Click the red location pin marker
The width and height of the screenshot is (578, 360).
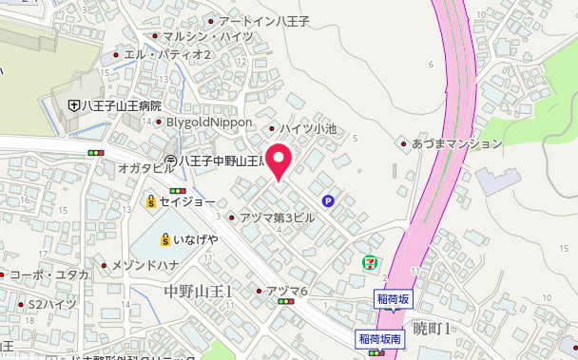click(279, 161)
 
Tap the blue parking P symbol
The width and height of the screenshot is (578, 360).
click(328, 200)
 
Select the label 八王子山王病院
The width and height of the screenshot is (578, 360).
click(120, 105)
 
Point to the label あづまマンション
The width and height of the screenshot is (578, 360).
click(456, 143)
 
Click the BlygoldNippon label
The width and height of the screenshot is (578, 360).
click(209, 123)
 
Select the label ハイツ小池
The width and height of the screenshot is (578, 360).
click(313, 128)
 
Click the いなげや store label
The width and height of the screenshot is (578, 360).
click(195, 238)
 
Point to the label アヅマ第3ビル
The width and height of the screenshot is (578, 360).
click(277, 218)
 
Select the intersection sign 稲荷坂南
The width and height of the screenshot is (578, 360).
click(381, 338)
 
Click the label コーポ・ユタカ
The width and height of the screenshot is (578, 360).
click(48, 275)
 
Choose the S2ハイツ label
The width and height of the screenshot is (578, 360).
click(51, 304)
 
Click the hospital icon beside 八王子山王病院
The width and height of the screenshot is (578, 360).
click(73, 105)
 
